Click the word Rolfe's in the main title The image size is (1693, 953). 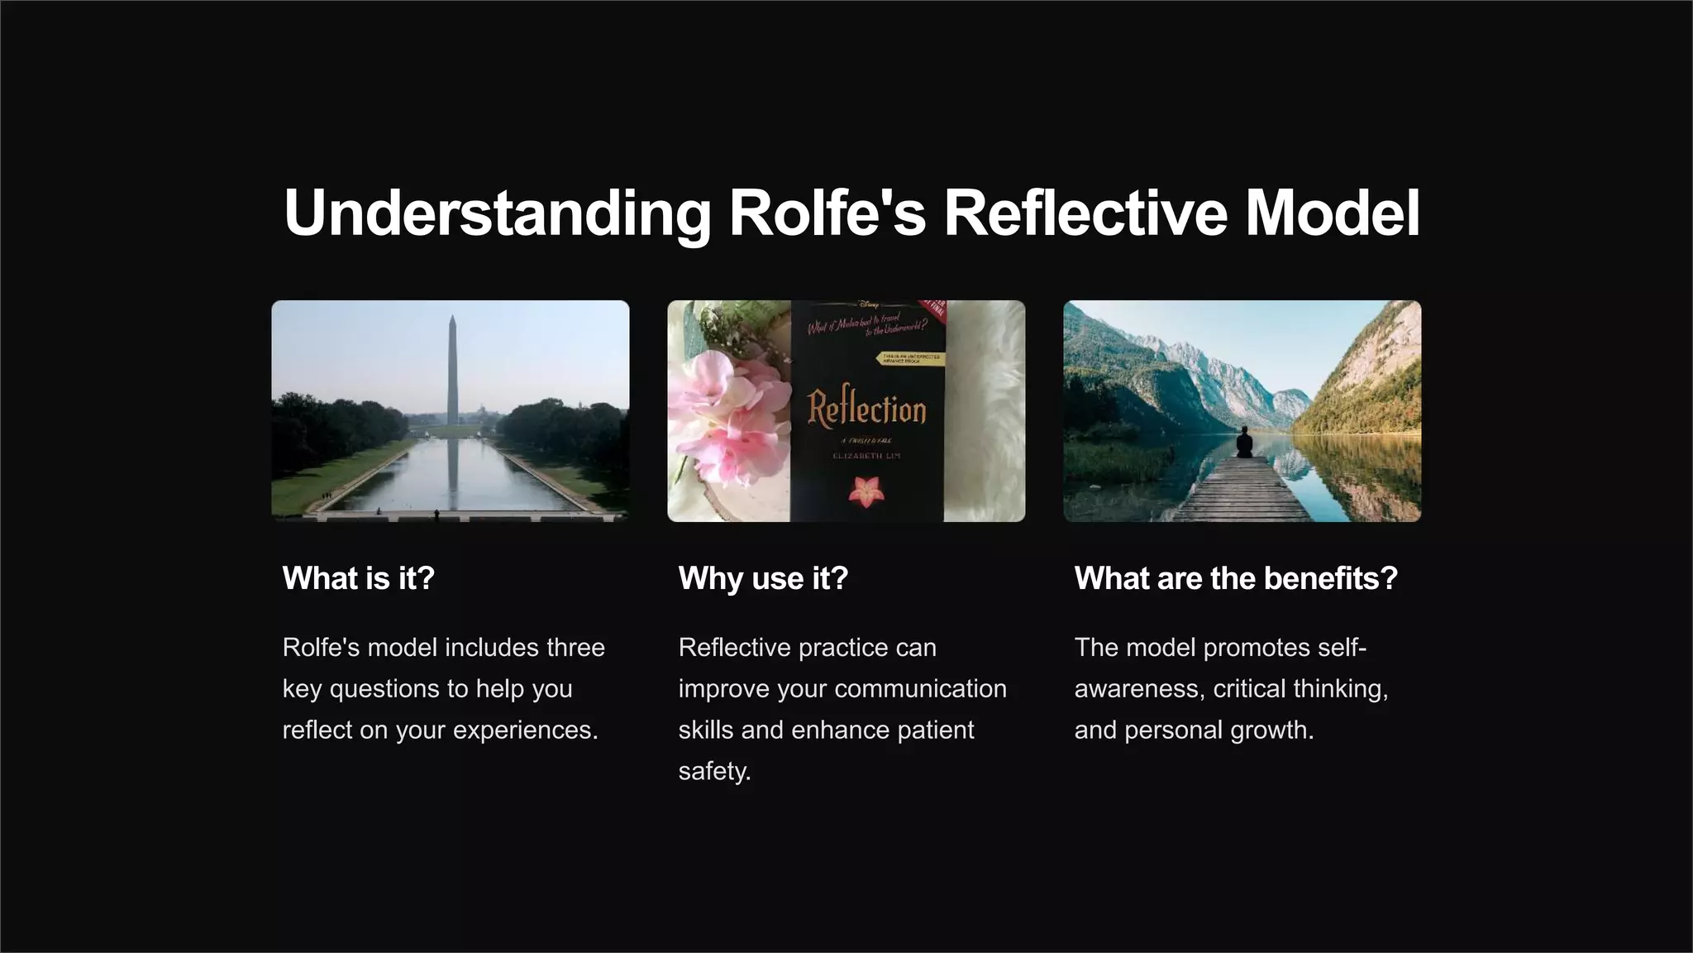(827, 213)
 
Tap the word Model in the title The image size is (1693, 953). (1332, 213)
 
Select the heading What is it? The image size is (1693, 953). (358, 578)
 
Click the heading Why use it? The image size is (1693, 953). (763, 578)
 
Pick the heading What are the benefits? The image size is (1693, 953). (1236, 578)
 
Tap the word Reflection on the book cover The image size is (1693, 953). (866, 409)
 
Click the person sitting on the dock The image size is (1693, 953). (1243, 443)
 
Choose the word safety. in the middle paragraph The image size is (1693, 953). (714, 772)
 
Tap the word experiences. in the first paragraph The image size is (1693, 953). (525, 730)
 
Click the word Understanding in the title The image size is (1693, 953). (497, 213)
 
